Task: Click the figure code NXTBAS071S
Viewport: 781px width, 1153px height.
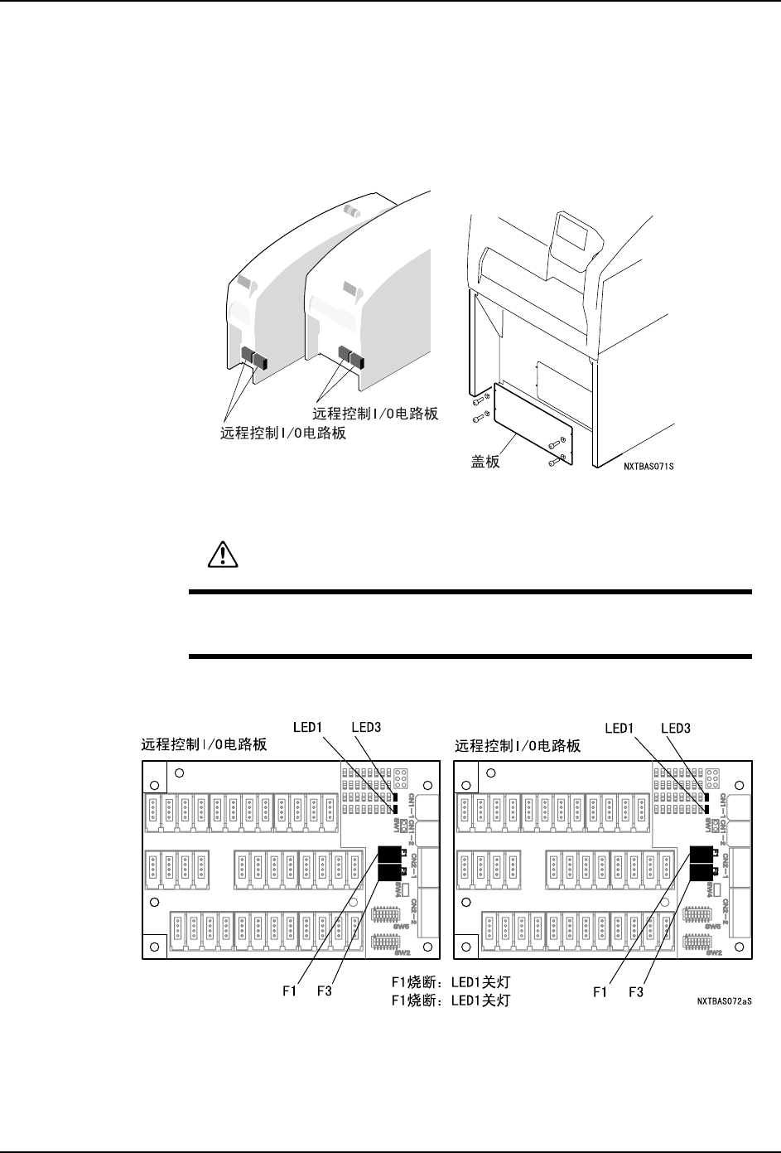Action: pos(650,467)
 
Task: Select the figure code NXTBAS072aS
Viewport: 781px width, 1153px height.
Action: pos(729,1000)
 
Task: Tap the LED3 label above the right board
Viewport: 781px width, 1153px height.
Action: pos(681,727)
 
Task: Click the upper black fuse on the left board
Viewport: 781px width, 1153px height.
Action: pos(388,854)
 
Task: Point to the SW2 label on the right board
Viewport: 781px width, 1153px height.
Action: pos(713,953)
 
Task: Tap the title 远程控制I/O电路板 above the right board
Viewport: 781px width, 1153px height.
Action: pos(517,746)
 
